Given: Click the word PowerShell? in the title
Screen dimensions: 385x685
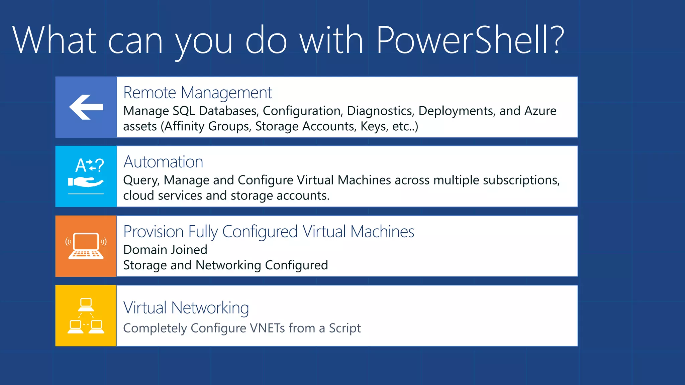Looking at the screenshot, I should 470,40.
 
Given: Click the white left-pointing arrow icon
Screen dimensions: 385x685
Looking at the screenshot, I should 86,107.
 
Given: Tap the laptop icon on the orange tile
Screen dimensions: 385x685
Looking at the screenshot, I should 86,246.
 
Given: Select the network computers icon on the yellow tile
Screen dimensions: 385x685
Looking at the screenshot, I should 86,316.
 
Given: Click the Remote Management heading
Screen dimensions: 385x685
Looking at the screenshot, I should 197,93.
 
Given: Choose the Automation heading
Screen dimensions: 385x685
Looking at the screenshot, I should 163,162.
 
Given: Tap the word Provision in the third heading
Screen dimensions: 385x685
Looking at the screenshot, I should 154,232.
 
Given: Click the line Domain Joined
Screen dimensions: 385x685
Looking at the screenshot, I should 165,250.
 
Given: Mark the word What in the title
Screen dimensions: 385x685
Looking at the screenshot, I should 55,40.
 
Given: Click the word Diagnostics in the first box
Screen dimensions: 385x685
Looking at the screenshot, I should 381,111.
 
